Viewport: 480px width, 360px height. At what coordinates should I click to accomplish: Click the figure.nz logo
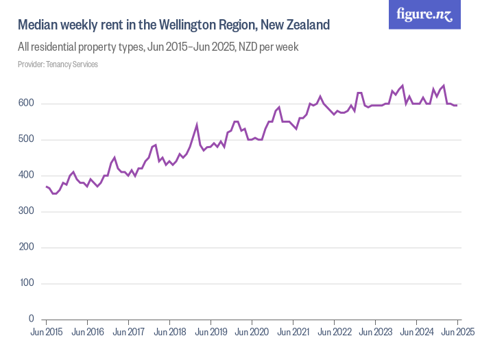tap(424, 14)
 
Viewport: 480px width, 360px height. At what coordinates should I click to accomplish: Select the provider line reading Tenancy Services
tap(58, 64)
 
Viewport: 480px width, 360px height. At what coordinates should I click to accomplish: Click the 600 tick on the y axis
tap(27, 104)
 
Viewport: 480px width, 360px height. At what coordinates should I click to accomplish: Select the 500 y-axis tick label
tap(27, 140)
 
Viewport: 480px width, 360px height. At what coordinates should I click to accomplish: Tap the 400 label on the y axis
tap(27, 176)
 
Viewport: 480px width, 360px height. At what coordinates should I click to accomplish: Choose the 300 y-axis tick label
tap(27, 211)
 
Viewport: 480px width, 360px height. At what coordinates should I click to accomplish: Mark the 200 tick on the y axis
tap(27, 248)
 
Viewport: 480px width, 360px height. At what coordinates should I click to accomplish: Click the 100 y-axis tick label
tap(27, 283)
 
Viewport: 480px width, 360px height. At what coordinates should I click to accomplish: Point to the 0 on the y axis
tap(32, 319)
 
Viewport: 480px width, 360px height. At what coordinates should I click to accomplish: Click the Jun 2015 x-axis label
tap(46, 332)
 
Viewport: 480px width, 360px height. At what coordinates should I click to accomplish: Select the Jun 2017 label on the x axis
tap(128, 332)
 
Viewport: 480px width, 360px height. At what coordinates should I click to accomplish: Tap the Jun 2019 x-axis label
tap(211, 332)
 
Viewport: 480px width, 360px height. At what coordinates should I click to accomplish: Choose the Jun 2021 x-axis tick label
tap(293, 332)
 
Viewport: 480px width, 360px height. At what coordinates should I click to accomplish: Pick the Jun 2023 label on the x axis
tap(375, 332)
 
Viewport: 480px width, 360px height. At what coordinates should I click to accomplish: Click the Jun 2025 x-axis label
tap(456, 332)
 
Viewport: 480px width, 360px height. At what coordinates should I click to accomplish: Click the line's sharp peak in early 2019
tap(197, 125)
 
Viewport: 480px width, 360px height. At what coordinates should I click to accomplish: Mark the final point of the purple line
tap(457, 106)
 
